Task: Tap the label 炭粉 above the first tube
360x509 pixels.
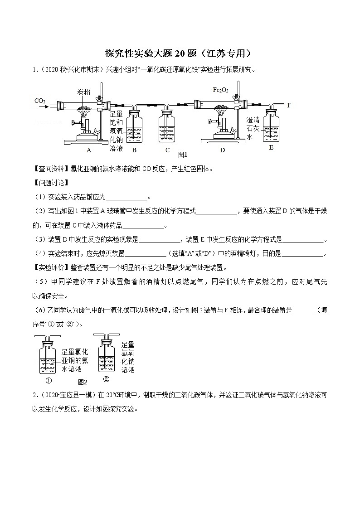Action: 83,92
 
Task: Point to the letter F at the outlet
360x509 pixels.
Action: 289,105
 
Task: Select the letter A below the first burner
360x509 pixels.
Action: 89,150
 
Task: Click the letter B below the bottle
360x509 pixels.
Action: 134,150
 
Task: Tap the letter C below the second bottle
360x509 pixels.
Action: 167,150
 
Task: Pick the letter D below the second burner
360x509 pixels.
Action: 222,150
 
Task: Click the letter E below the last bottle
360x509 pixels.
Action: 271,147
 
